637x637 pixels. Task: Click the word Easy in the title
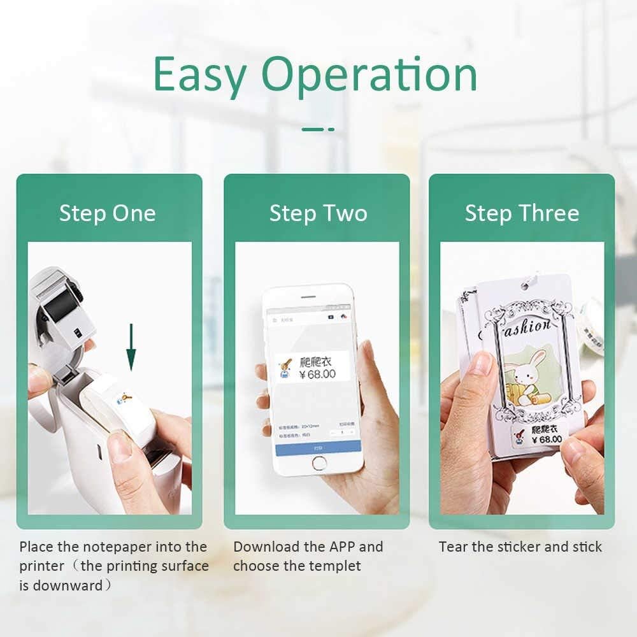click(199, 76)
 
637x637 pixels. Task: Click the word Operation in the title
click(369, 76)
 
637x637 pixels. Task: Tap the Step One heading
click(108, 213)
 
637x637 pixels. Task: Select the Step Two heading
click(318, 213)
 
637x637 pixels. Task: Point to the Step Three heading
click(522, 213)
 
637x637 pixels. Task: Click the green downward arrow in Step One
click(131, 348)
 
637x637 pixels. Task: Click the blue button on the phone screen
click(318, 447)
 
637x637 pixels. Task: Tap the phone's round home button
click(319, 464)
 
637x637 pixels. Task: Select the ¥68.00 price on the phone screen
click(317, 374)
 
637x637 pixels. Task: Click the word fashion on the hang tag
click(522, 327)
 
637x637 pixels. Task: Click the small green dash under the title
click(318, 129)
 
